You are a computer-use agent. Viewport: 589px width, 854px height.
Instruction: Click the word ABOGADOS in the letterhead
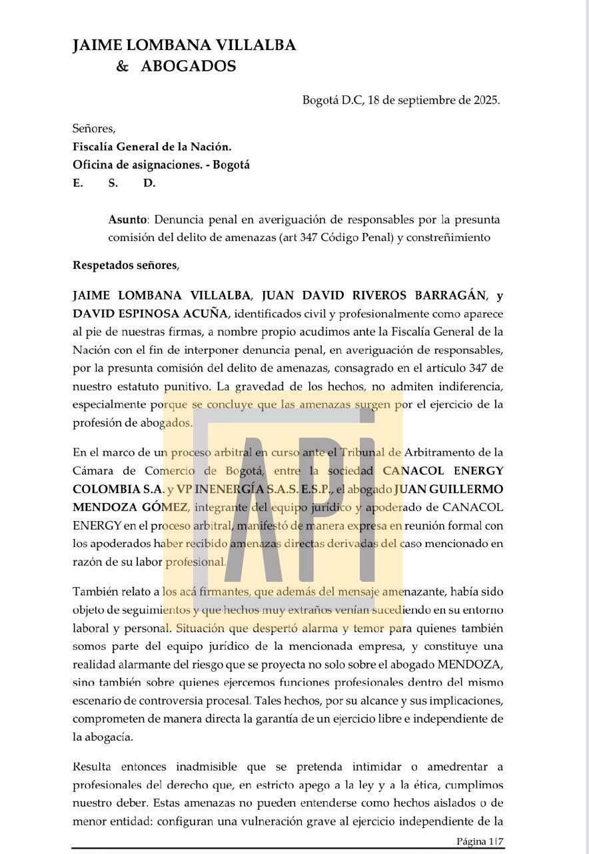[188, 66]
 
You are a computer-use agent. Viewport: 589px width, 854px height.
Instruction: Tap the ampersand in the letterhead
[122, 66]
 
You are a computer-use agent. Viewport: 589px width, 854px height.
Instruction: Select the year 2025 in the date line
[486, 101]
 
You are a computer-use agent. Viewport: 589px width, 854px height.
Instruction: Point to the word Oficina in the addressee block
[93, 165]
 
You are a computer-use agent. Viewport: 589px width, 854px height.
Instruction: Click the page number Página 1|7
[479, 841]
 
